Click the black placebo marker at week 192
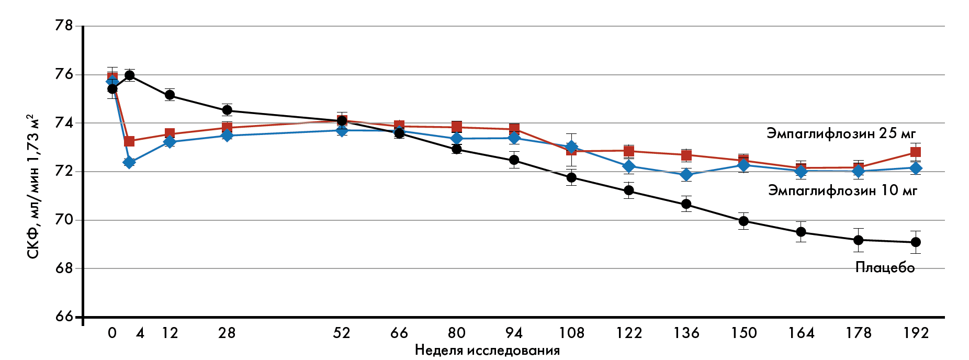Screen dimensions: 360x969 coord(916,242)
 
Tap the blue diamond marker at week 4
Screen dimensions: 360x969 coord(129,162)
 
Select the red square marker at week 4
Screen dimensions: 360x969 coord(129,141)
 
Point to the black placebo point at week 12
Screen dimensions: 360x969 coord(170,95)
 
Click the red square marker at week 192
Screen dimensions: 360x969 coord(916,152)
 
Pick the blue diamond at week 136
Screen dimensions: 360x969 coord(686,175)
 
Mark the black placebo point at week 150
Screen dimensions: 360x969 coord(743,221)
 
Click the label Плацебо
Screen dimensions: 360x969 coord(885,267)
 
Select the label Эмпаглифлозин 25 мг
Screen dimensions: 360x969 coord(841,133)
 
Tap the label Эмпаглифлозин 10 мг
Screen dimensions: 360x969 coord(842,190)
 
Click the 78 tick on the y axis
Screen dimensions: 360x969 coord(64,26)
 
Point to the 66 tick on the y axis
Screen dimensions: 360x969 coord(64,317)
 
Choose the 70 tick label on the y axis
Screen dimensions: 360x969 coord(64,220)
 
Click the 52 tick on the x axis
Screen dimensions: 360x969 coord(342,333)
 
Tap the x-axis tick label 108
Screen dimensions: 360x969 coord(571,333)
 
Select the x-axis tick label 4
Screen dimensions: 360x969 coord(140,333)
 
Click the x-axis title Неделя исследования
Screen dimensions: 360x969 coord(487,350)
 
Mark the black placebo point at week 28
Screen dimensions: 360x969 coord(227,110)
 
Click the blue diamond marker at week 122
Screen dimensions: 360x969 coord(629,166)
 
